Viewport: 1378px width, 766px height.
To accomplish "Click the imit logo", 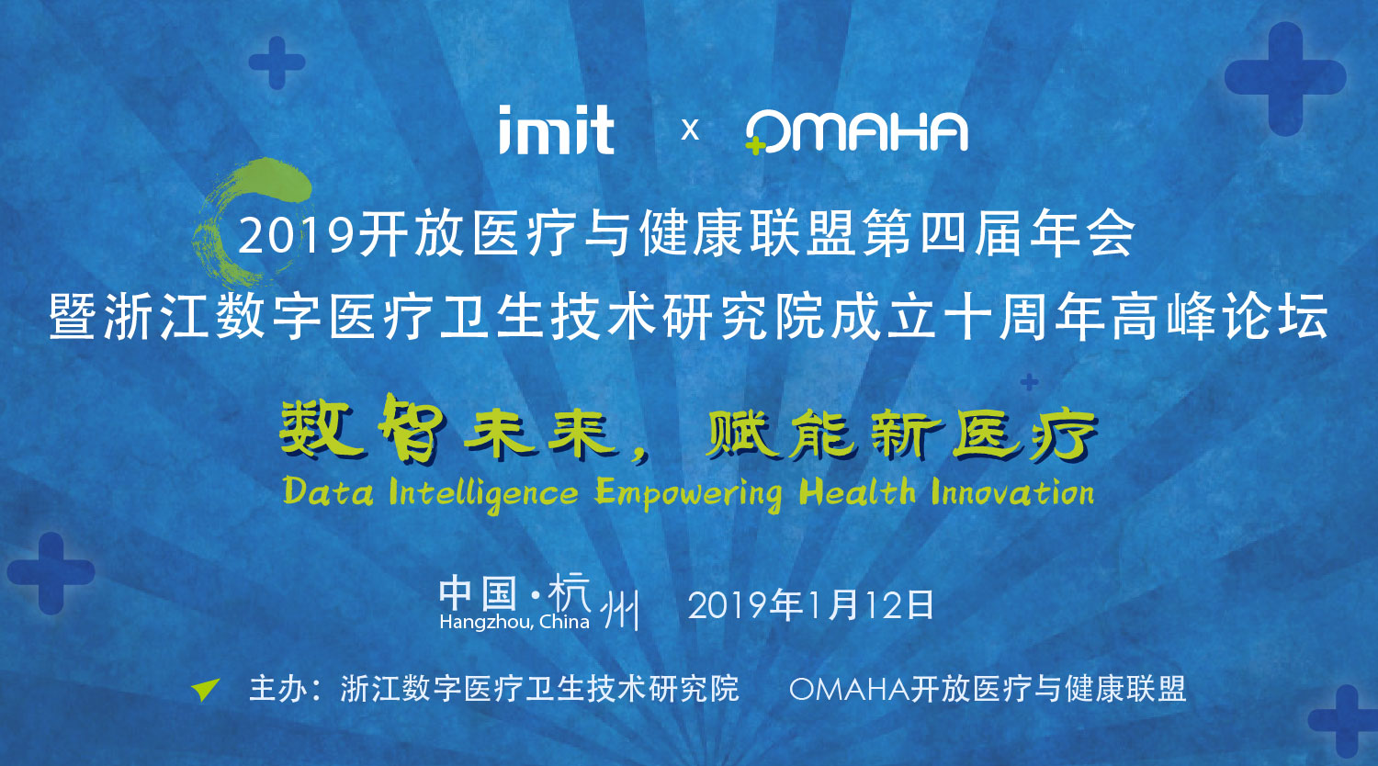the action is (x=556, y=130).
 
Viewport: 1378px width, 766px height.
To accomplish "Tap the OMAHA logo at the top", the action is (x=856, y=131).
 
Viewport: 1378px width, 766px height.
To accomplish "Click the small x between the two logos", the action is (x=690, y=130).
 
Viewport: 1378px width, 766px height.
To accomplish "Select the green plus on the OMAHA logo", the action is (x=755, y=146).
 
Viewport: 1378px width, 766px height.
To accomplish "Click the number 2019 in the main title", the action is (x=298, y=236).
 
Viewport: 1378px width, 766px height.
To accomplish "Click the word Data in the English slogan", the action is (x=328, y=492).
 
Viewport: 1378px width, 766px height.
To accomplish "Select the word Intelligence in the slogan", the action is (x=483, y=495).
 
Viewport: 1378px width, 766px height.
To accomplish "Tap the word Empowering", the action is (x=688, y=495).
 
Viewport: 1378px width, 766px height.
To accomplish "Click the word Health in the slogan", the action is (x=857, y=491).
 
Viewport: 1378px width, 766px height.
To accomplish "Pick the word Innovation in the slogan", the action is (x=1012, y=492).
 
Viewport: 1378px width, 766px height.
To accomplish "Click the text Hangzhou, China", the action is (x=514, y=622).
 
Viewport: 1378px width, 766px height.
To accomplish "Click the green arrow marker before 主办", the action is (x=206, y=690).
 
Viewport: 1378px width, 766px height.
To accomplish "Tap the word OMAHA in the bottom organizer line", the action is (x=850, y=689).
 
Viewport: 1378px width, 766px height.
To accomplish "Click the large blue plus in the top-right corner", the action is (x=1285, y=78).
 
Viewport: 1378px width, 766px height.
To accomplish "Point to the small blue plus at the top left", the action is (x=277, y=62).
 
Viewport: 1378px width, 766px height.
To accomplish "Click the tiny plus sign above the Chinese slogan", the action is (x=1029, y=383).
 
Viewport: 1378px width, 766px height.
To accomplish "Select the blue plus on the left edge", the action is (x=51, y=573).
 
